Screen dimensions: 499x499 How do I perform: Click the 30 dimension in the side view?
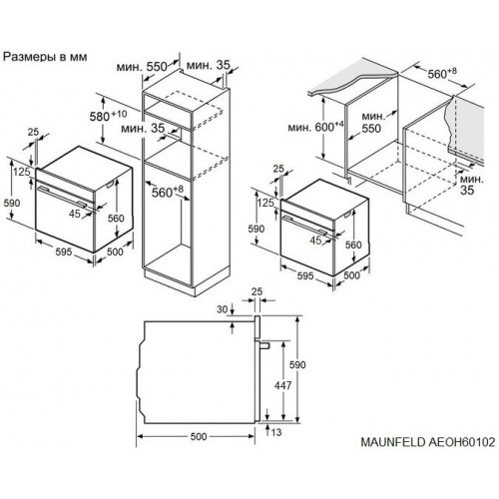[222, 310]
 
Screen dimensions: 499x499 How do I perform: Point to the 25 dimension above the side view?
[255, 290]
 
